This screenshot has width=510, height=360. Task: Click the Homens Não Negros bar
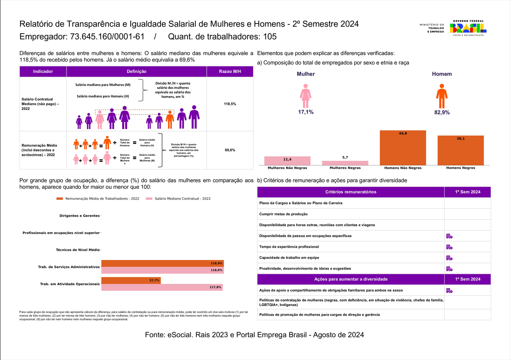(x=403, y=148)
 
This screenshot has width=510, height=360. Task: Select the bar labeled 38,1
(x=460, y=151)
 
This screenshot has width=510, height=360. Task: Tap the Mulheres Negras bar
(x=345, y=163)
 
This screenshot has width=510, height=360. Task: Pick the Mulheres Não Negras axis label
(x=287, y=168)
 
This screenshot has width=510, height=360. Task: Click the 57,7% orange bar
(x=131, y=280)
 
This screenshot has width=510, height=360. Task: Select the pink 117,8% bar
(x=162, y=287)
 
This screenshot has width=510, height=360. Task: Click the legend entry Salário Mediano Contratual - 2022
(x=178, y=199)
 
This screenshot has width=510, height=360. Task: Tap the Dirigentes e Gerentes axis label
(x=79, y=216)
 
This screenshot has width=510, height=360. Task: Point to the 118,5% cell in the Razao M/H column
(x=230, y=104)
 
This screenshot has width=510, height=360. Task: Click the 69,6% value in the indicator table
(x=230, y=150)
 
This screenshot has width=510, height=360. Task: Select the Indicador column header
(x=43, y=72)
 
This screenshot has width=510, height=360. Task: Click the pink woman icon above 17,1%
(x=305, y=96)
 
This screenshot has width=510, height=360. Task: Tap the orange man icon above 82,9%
(x=442, y=96)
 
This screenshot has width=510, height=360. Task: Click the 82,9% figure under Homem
(x=442, y=112)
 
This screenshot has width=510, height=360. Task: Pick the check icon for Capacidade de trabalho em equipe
(x=449, y=258)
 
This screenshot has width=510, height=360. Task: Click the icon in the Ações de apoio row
(x=449, y=291)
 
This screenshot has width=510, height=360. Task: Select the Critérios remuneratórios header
(x=351, y=192)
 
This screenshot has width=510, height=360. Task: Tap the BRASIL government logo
(x=468, y=28)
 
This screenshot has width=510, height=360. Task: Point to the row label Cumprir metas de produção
(x=283, y=214)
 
